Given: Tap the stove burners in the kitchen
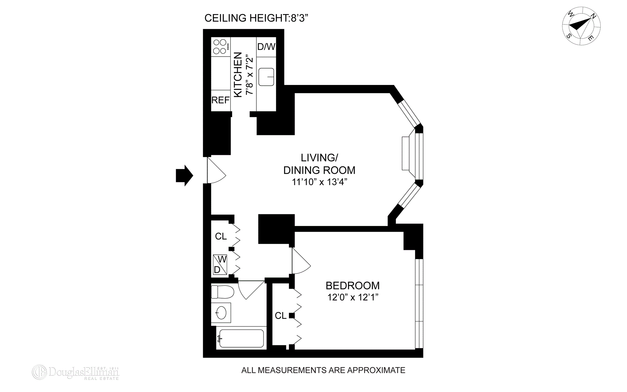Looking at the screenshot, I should (220, 46).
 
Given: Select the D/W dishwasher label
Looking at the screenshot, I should (266, 47).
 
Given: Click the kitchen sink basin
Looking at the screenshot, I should (266, 77).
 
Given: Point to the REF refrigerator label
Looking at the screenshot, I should (220, 100).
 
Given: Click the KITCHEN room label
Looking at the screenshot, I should (238, 74).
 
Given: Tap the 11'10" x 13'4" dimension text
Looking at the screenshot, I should (319, 182).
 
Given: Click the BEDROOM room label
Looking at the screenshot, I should (352, 286).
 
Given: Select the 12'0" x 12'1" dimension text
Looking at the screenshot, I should (352, 297).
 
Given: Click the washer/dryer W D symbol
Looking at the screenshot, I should (220, 264).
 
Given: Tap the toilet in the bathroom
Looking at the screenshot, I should (222, 292).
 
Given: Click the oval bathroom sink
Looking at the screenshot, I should (221, 313).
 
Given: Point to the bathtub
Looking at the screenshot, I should (241, 338).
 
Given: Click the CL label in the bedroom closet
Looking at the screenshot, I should (281, 316).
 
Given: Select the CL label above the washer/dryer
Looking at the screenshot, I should (221, 236).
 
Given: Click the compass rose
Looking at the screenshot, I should (581, 26).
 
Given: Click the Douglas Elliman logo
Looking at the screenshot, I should (75, 372).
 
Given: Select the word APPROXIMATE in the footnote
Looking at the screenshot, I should (376, 370).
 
